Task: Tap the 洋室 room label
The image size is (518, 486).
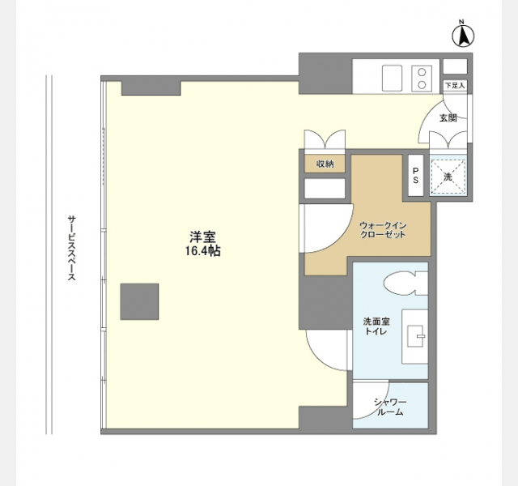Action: [x=203, y=237]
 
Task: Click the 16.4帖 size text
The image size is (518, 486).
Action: [x=203, y=251]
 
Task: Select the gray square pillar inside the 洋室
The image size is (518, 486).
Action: [x=139, y=301]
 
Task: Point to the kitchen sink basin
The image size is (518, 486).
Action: [x=392, y=78]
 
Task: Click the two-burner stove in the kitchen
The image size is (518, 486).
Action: [x=422, y=79]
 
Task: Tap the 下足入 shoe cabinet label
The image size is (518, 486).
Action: [x=455, y=85]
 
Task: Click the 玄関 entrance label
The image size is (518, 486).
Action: [x=448, y=118]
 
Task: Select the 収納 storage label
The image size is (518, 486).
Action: [x=325, y=164]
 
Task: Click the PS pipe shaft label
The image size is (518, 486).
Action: [x=415, y=176]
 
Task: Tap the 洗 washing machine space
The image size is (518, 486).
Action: [x=448, y=176]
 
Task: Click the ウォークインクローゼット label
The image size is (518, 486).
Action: [x=383, y=230]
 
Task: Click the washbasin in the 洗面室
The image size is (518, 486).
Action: [x=415, y=336]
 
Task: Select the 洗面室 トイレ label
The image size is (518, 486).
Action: [x=376, y=326]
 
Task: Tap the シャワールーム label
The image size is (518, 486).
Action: [x=390, y=407]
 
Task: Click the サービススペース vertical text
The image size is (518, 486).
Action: [x=72, y=249]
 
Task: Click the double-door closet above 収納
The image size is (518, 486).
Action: [x=325, y=139]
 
